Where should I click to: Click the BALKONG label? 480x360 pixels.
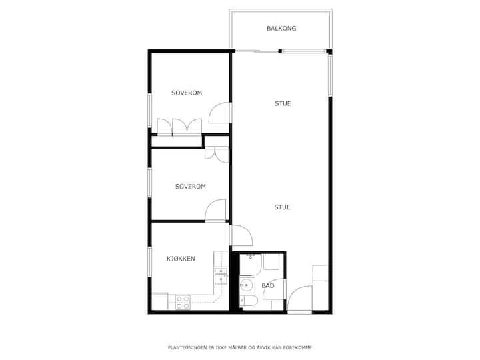pyautogui.click(x=281, y=29)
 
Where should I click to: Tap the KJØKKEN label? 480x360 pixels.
pyautogui.click(x=181, y=259)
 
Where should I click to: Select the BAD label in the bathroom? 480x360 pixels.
pyautogui.click(x=268, y=285)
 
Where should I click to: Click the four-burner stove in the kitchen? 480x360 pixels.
pyautogui.click(x=183, y=302)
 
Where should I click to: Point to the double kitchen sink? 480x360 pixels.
pyautogui.click(x=221, y=277)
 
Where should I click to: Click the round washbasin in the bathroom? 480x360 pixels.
pyautogui.click(x=247, y=285)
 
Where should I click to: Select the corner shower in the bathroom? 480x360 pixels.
pyautogui.click(x=250, y=264)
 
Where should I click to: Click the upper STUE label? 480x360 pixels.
pyautogui.click(x=283, y=103)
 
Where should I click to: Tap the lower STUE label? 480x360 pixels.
pyautogui.click(x=282, y=207)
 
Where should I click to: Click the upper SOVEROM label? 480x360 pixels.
pyautogui.click(x=187, y=93)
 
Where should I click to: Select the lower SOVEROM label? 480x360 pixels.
pyautogui.click(x=191, y=187)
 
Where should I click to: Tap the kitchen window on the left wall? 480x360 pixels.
pyautogui.click(x=150, y=263)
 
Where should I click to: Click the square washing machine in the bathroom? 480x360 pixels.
pyautogui.click(x=271, y=262)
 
